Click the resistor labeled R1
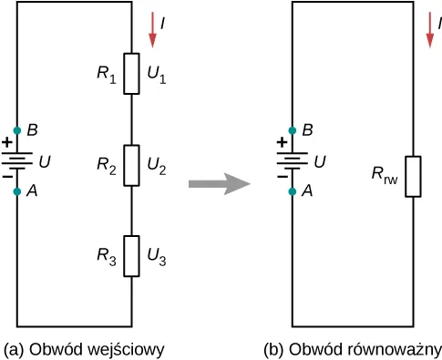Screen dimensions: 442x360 [x=131, y=74]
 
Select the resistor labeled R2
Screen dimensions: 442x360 [x=131, y=165]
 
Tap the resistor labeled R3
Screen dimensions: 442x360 [x=131, y=256]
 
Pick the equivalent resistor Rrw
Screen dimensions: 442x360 [x=413, y=177]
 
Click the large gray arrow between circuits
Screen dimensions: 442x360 [x=220, y=184]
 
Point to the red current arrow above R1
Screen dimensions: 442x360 [x=152, y=30]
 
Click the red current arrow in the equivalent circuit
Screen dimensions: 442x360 [x=430, y=30]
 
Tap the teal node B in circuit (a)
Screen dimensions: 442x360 [x=17, y=130]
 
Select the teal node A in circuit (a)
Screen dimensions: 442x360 [x=17, y=191]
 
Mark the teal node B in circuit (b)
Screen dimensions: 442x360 [x=293, y=130]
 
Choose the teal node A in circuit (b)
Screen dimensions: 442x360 [x=293, y=191]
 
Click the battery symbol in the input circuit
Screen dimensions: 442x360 [x=17, y=161]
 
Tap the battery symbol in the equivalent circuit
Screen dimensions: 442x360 [x=293, y=161]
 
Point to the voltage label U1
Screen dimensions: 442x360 [x=157, y=75]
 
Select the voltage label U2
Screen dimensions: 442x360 [x=157, y=167]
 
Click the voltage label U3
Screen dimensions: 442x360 [x=157, y=257]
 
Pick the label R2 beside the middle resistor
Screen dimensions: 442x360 [x=107, y=167]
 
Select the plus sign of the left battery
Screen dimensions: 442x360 [x=7, y=142]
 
